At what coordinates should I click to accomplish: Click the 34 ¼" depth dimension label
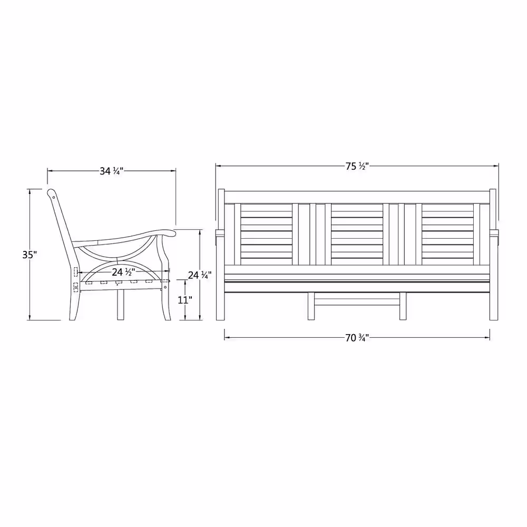coord(112,171)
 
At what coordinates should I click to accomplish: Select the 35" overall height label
coord(29,255)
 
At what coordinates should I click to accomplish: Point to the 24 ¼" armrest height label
coord(200,275)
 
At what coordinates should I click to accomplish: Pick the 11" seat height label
coord(185,300)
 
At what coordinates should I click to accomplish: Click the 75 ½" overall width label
coord(357,166)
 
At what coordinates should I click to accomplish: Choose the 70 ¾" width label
coord(357,338)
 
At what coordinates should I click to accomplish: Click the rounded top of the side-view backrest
coord(51,193)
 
